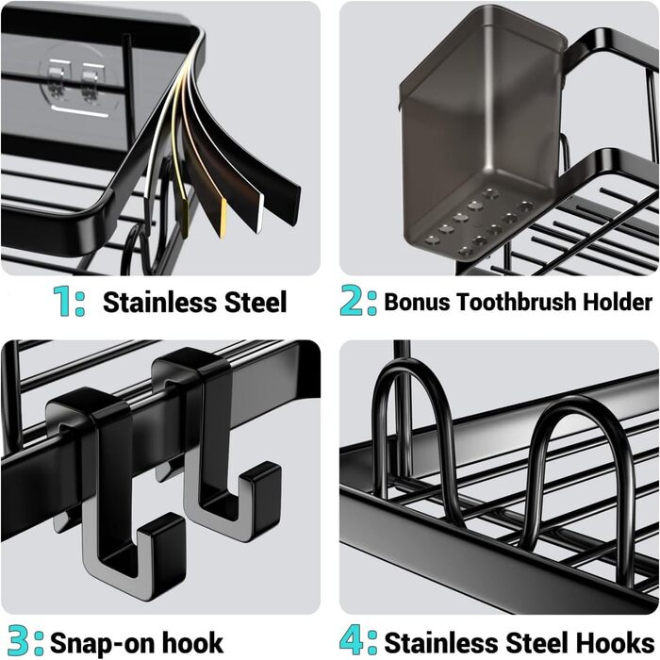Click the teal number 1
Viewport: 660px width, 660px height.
63,301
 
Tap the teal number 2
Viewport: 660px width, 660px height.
352,301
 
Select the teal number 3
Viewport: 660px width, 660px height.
19,641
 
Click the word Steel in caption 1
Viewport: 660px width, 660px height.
256,302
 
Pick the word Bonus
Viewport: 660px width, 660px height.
417,302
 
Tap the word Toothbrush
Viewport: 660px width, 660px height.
517,302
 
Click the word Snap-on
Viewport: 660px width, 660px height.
103,643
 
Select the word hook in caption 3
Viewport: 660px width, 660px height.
192,642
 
